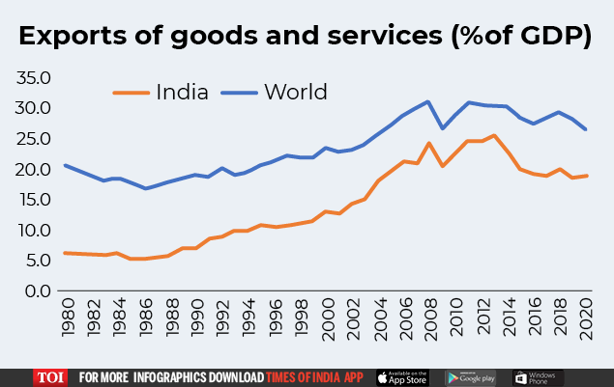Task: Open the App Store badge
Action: tap(401, 376)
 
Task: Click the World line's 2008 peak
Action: tap(428, 101)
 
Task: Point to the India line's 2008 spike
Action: tap(428, 144)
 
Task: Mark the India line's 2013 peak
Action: tap(494, 135)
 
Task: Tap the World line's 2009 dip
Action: tap(442, 128)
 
